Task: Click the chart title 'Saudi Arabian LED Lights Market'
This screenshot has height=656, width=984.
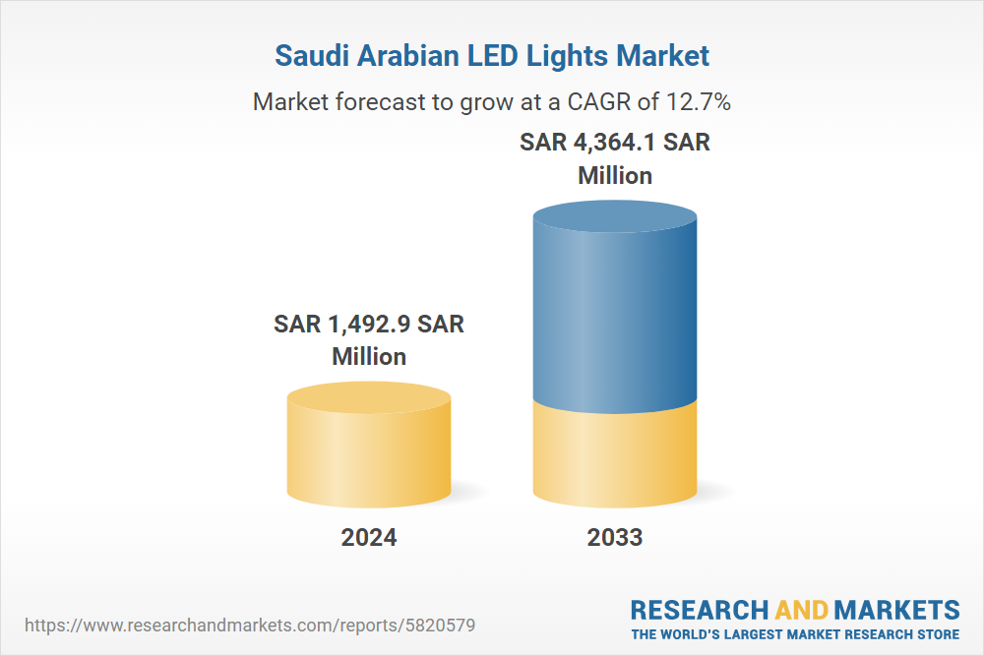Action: click(x=492, y=55)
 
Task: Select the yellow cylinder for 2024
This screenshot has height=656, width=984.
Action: click(x=369, y=452)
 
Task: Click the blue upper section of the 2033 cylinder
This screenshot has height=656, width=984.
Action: click(x=615, y=315)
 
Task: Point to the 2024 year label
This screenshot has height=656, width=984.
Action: click(x=369, y=537)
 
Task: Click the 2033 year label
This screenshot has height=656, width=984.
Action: click(x=615, y=537)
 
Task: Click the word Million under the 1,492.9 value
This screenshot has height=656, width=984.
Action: click(x=369, y=356)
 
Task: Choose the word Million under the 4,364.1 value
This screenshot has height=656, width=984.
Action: click(x=615, y=175)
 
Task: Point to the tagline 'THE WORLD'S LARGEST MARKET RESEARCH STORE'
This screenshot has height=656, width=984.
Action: click(x=795, y=633)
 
